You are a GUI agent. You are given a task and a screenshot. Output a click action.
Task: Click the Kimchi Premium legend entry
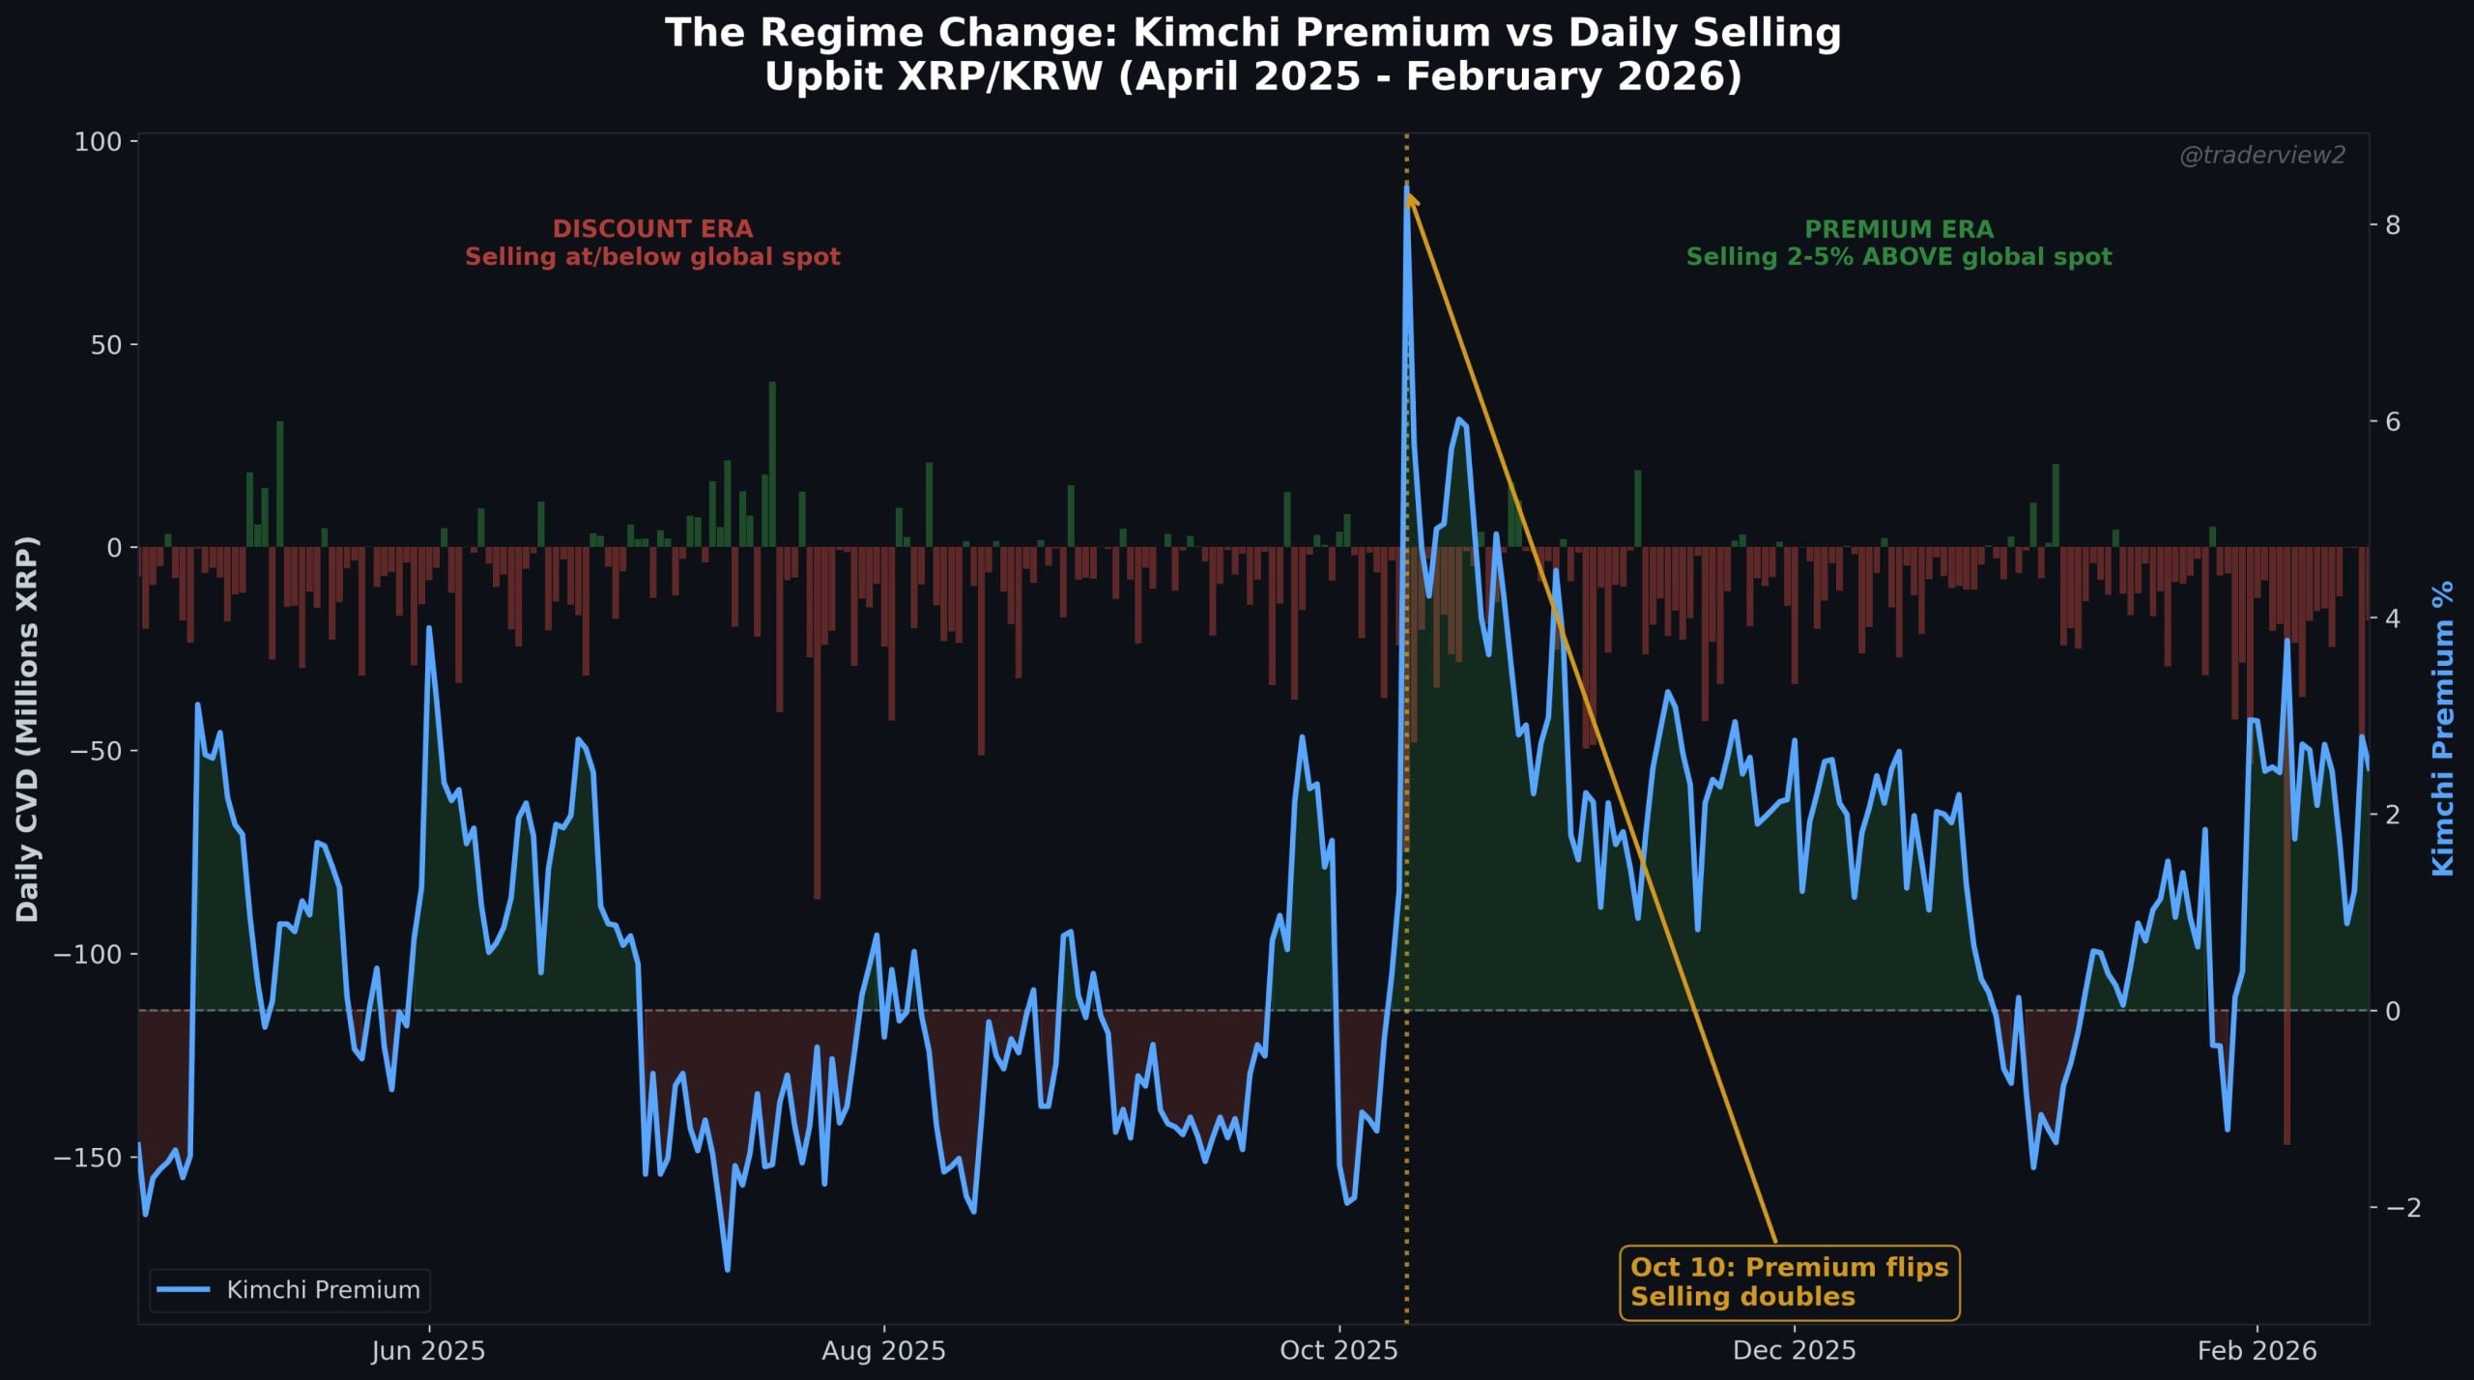[290, 1289]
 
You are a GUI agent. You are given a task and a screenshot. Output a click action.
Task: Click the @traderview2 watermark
[2261, 156]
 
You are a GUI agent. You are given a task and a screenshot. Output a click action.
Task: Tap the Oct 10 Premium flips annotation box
[1789, 1281]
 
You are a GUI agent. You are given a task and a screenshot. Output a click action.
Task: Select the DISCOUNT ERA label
[652, 229]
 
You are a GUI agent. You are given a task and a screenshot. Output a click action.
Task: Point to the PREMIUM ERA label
[1898, 229]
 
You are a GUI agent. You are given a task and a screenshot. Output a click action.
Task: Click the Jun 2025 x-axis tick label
[428, 1350]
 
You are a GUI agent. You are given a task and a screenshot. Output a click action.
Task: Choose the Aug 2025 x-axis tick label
[883, 1350]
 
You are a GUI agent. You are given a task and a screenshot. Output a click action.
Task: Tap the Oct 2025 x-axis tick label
[1338, 1350]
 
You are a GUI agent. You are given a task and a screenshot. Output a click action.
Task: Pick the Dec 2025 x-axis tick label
[1794, 1350]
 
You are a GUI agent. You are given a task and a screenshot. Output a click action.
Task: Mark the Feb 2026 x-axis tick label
[2257, 1350]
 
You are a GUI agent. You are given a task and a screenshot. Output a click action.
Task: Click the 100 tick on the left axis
[98, 142]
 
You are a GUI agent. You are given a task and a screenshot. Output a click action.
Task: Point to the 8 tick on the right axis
[2393, 225]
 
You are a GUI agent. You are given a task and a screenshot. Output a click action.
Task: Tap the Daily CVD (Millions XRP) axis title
[27, 729]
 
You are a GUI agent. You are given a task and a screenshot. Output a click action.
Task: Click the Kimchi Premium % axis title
[2442, 729]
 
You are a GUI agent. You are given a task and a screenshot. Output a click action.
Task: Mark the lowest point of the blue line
[727, 1269]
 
